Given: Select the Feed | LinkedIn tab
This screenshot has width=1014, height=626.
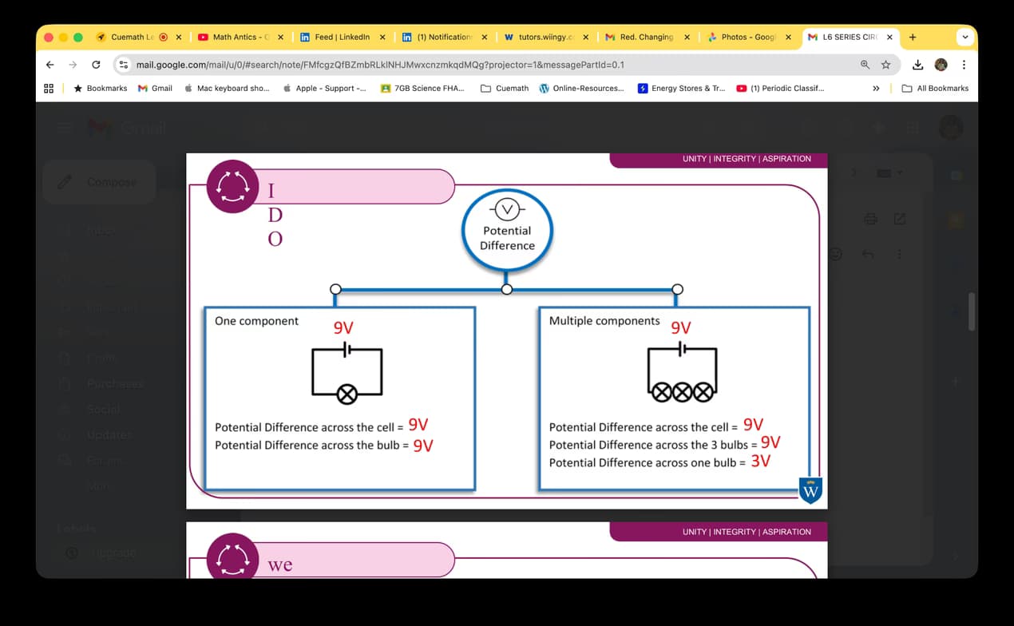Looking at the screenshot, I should pos(342,37).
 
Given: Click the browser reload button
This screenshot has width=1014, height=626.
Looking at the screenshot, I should pos(96,65).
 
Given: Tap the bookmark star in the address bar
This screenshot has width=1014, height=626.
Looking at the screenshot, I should pos(885,65).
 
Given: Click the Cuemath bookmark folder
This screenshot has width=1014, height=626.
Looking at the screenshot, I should pos(505,89).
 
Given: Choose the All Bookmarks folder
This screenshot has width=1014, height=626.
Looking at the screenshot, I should pos(935,89).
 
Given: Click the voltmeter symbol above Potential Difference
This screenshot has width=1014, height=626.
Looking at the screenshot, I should pos(507,210).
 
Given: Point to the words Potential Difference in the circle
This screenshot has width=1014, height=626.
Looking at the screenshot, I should pos(507,238).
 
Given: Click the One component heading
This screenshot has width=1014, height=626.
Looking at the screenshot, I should pos(256,321).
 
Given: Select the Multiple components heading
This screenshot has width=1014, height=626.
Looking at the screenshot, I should pos(604,321).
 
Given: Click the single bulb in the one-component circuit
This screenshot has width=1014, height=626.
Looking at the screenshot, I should pos(347,393).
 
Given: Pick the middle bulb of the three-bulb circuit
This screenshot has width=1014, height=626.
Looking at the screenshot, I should pos(682,392).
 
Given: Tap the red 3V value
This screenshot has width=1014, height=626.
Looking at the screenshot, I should pos(761,461).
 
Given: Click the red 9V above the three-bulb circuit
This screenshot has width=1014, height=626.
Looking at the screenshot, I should pos(681,327).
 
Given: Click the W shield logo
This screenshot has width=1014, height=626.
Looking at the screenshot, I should pos(810,490).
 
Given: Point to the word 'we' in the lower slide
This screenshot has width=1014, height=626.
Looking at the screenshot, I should pos(280,565).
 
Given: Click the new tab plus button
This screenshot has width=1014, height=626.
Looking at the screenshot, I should pos(913,37).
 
